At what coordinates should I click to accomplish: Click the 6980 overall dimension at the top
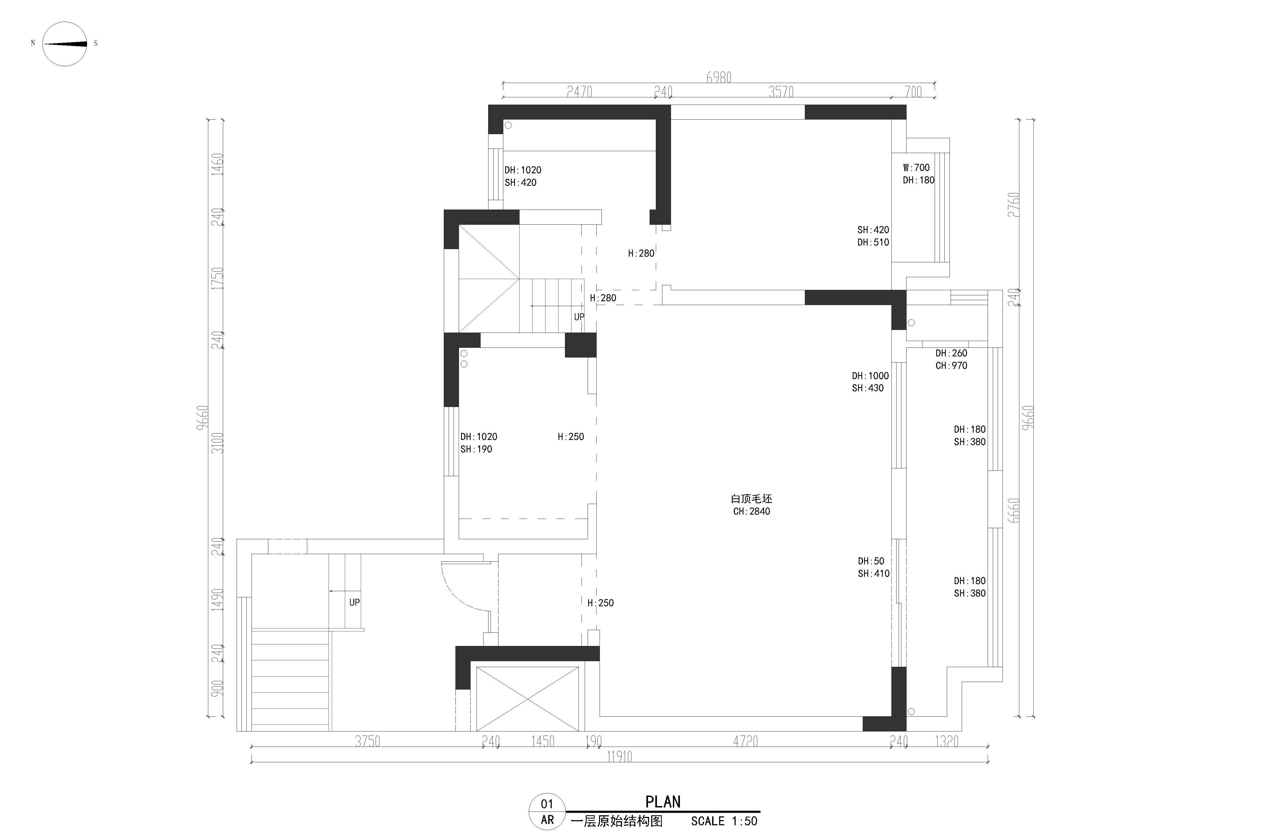point(719,78)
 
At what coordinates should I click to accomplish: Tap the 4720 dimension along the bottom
point(746,741)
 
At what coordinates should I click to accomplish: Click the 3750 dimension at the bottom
point(368,741)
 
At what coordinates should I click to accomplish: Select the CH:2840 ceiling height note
point(752,511)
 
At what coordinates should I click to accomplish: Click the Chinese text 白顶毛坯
point(752,499)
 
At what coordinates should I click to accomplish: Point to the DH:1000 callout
point(870,376)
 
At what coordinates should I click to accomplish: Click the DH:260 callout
point(951,353)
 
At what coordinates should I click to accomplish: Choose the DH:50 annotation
point(871,561)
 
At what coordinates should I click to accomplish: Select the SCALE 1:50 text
point(724,821)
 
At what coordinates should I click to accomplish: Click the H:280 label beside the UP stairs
point(603,298)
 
